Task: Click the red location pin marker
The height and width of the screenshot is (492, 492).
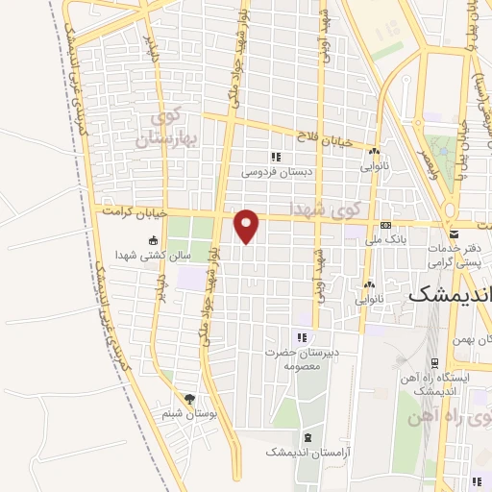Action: [248, 225]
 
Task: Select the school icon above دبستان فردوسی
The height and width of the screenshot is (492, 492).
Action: [275, 157]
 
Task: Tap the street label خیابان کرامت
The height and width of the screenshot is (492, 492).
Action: [135, 211]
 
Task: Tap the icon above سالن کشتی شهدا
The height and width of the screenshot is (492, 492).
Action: [153, 240]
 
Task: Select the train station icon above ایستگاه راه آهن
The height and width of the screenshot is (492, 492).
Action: [436, 363]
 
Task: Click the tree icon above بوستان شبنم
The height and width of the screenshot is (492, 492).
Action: [189, 399]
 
